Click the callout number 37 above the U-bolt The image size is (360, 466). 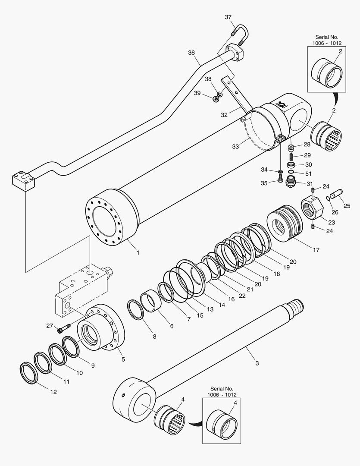228,17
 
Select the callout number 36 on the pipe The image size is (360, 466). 191,53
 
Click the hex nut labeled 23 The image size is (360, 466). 312,207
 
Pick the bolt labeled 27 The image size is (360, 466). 64,329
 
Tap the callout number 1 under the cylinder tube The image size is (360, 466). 138,252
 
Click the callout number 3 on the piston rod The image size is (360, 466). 257,363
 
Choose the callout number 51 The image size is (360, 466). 308,173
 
